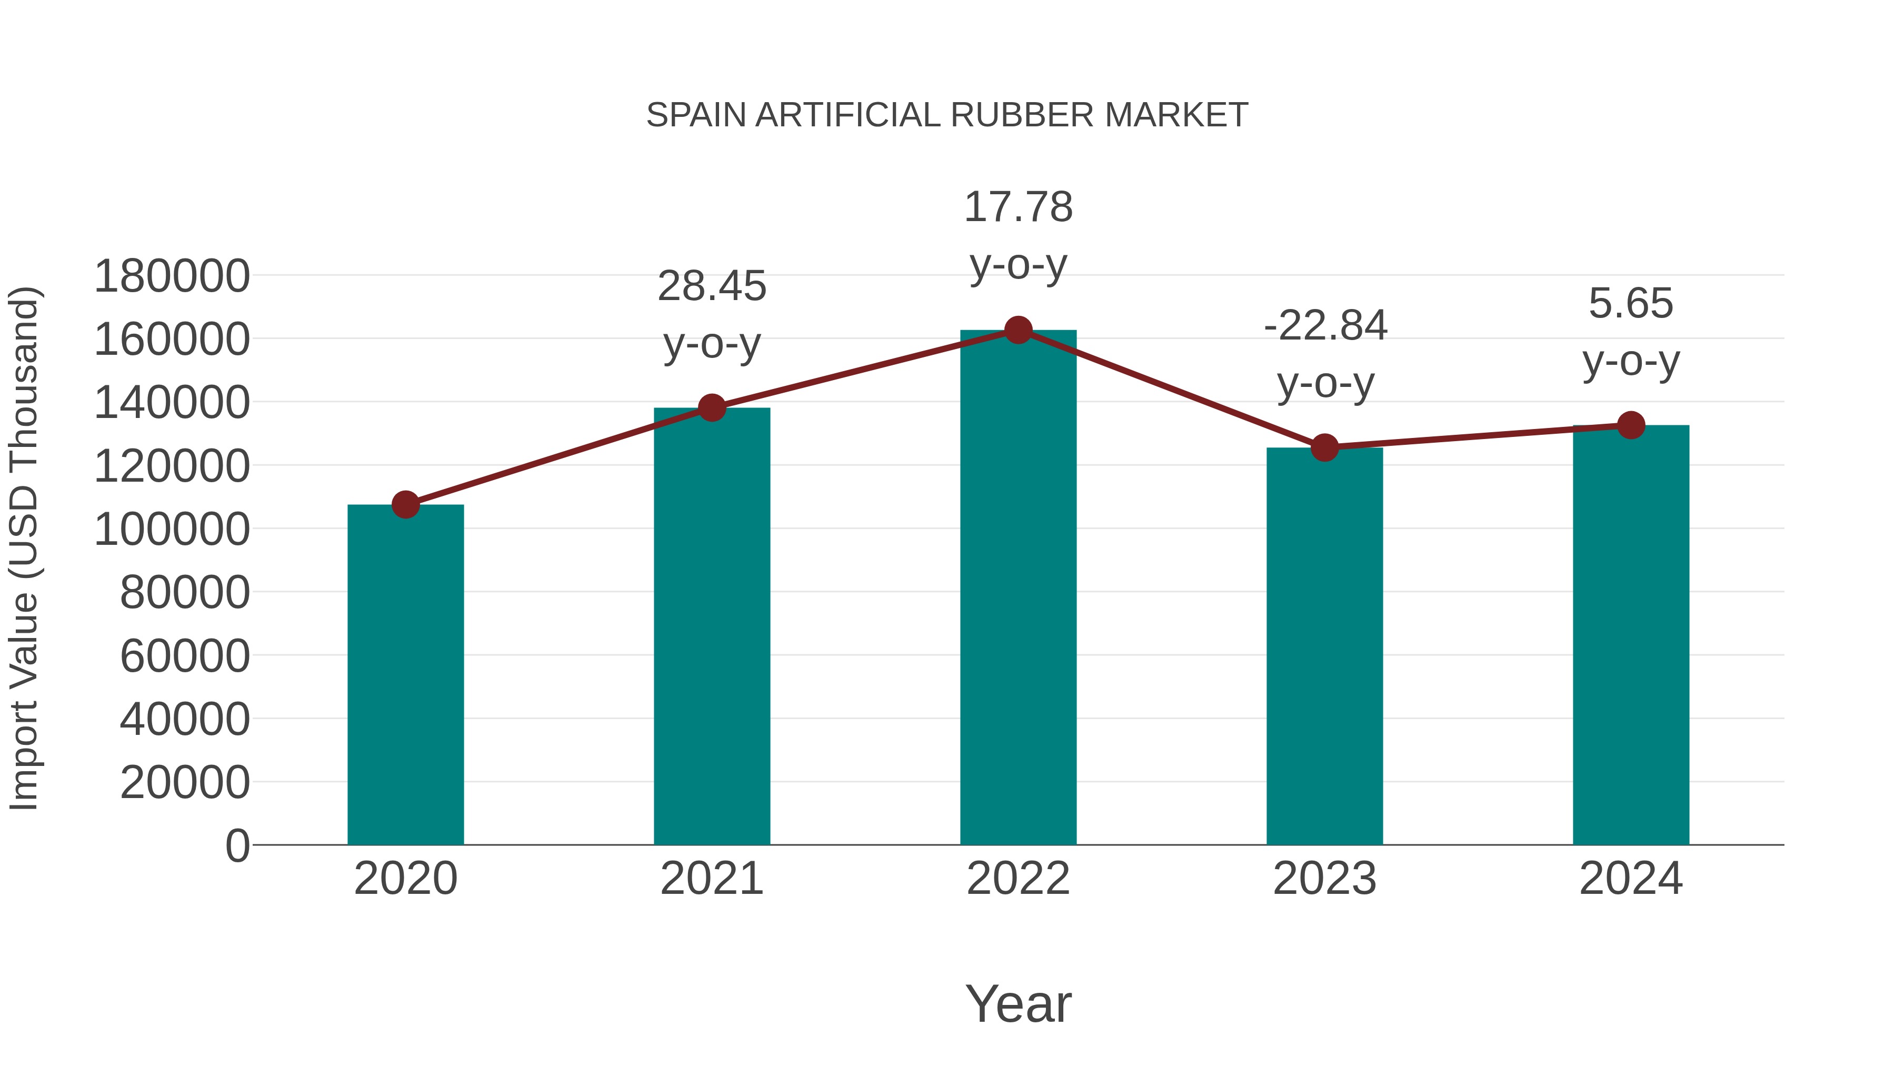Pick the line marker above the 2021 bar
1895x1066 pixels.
point(711,407)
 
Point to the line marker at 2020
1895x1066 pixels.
point(405,505)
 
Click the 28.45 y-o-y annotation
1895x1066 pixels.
point(711,315)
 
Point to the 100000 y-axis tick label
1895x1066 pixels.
point(172,529)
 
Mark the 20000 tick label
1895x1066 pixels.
point(185,782)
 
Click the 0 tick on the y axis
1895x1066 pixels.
point(237,845)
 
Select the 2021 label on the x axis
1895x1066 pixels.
point(711,879)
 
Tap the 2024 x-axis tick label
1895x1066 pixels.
point(1631,879)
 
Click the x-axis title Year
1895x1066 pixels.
point(1018,1003)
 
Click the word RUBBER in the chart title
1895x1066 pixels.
point(1023,115)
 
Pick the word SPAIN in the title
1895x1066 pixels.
point(696,115)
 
